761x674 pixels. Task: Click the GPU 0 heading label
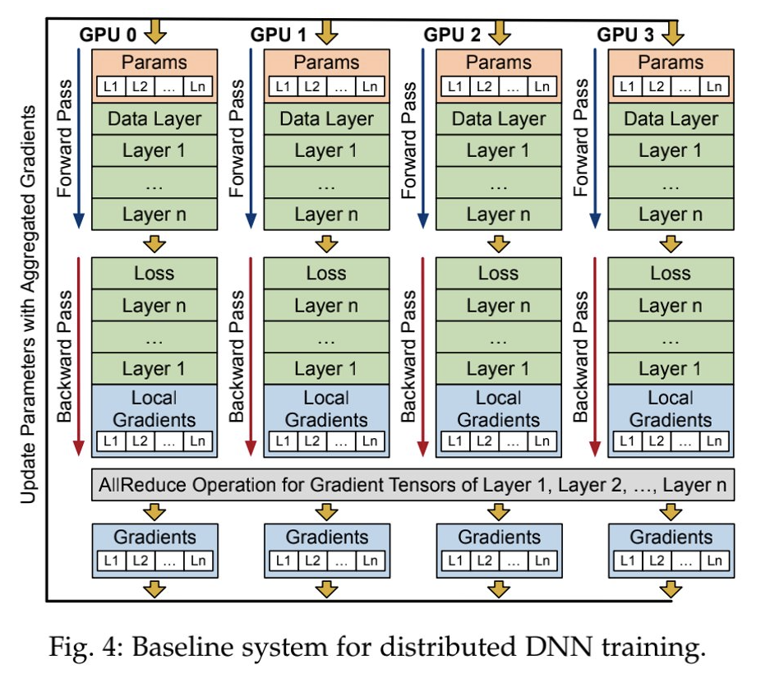[108, 35]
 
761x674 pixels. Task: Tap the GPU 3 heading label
[625, 35]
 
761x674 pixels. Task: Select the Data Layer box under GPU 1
[326, 119]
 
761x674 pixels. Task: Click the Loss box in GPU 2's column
[499, 273]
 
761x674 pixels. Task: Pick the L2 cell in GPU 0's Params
[140, 87]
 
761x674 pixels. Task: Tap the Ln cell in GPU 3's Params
[714, 87]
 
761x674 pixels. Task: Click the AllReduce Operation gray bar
[413, 485]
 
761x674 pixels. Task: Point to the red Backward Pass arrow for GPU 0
[79, 357]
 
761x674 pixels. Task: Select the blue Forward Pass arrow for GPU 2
[422, 138]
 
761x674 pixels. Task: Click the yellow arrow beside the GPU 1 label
[326, 32]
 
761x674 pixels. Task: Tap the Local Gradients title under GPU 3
[671, 409]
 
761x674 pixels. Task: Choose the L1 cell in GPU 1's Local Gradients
[283, 441]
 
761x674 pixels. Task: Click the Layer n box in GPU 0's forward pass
[155, 214]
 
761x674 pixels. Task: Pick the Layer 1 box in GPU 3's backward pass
[671, 369]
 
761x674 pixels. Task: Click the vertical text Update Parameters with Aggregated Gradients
[28, 304]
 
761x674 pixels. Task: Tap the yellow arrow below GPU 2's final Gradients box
[499, 589]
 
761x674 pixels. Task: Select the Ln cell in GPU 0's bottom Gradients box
[198, 561]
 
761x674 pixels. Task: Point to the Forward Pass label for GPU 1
[237, 138]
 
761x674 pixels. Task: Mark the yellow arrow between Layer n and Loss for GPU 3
[671, 244]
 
